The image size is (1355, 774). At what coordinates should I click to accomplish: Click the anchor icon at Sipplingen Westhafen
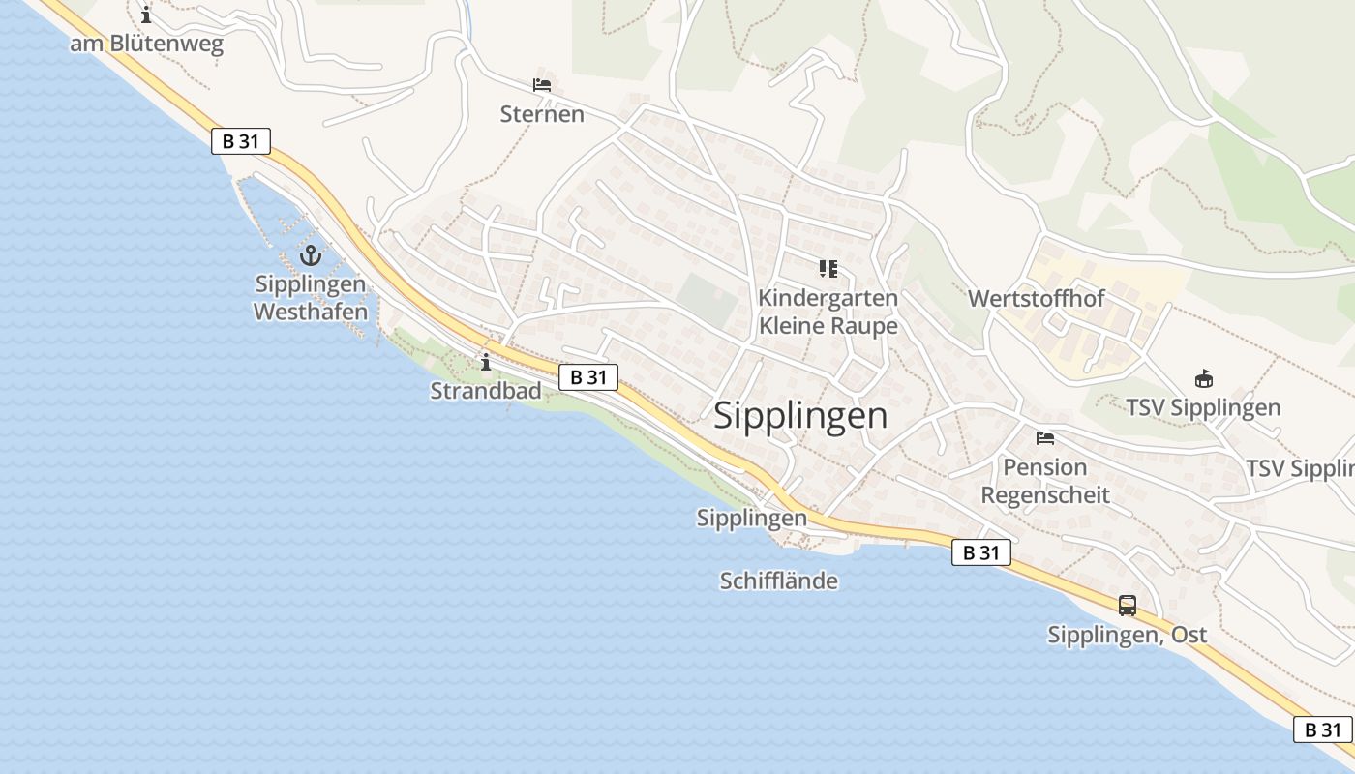311,255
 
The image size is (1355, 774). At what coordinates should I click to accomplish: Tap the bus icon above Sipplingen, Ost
1128,606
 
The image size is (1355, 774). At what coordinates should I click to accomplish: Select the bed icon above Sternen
542,85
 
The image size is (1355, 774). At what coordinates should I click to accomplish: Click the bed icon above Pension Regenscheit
1044,438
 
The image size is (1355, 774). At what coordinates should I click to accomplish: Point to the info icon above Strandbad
486,362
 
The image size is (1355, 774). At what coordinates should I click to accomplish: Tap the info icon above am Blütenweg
146,15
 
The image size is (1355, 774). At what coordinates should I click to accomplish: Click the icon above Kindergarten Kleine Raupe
828,268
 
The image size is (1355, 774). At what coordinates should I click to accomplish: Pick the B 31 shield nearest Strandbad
588,376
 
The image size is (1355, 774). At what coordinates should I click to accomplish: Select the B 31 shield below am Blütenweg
240,141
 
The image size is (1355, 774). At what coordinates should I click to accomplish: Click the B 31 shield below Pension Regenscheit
981,552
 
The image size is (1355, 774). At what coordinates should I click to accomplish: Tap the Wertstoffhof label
1037,298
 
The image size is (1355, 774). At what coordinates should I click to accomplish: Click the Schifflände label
778,580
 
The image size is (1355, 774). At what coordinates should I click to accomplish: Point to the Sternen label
542,114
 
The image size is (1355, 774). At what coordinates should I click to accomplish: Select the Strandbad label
486,391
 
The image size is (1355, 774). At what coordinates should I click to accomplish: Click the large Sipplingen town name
800,415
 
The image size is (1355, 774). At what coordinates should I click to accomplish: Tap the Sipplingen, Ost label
1128,635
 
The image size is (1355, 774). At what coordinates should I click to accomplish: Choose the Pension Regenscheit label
1045,481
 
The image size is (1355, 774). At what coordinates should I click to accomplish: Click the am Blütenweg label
146,44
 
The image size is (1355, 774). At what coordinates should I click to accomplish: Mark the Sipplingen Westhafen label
311,298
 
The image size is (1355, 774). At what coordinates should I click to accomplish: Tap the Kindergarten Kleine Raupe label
828,312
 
